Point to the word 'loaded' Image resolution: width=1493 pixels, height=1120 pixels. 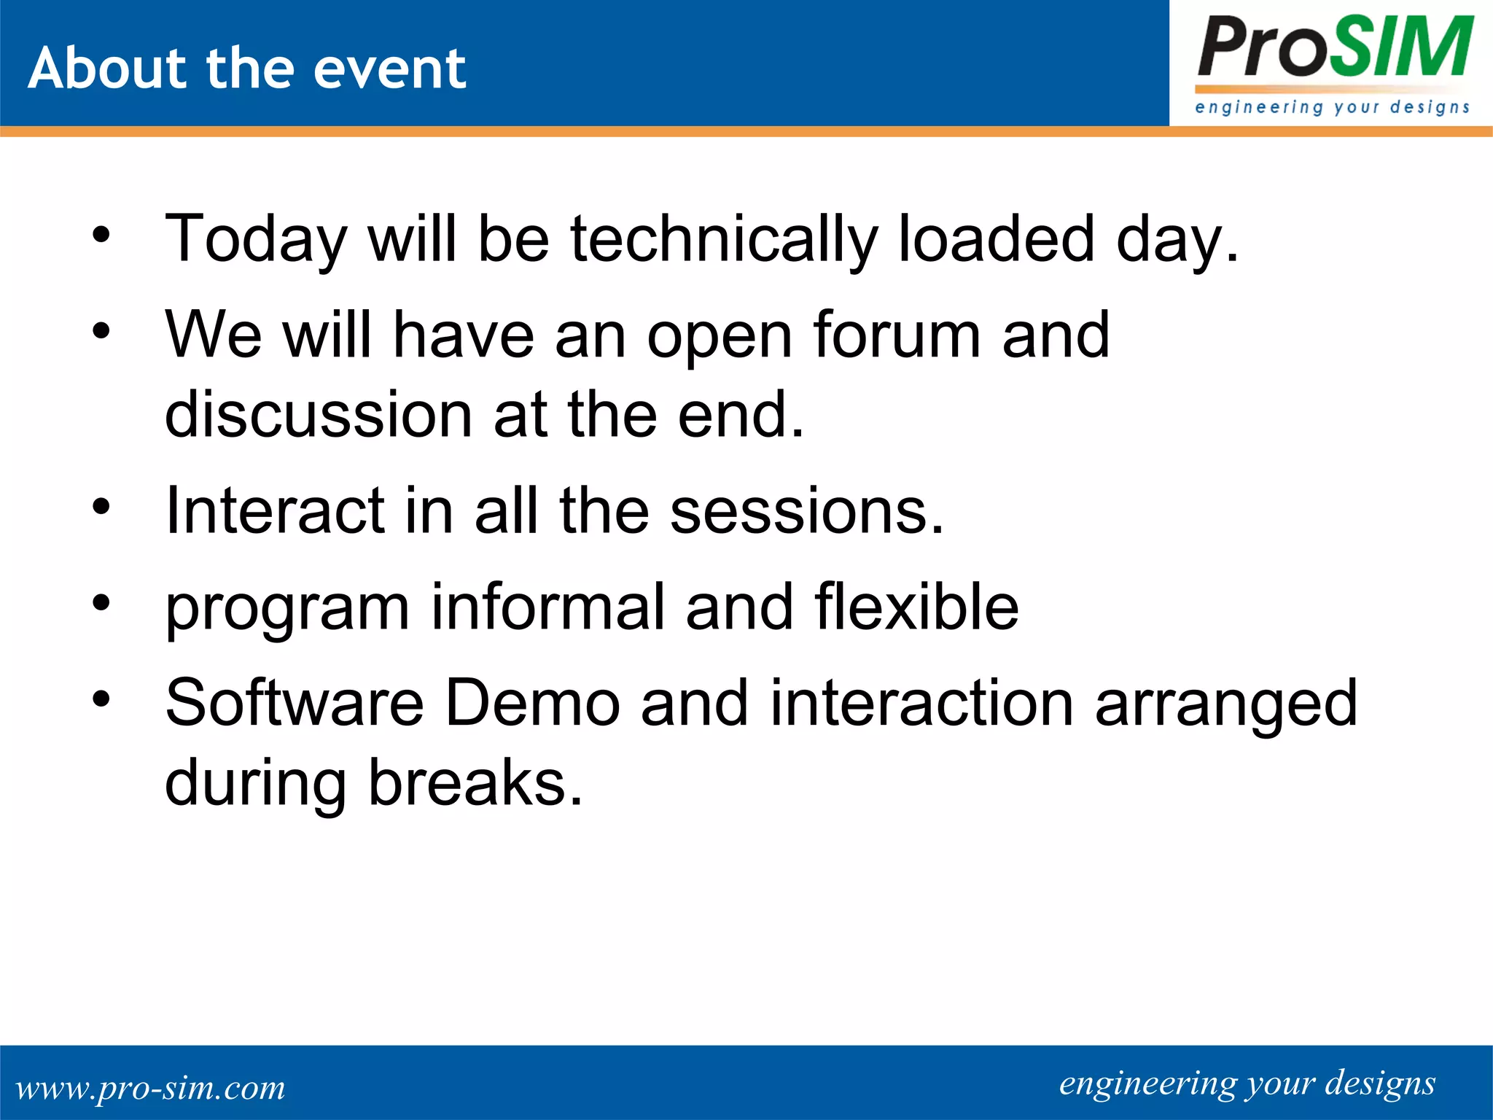(996, 239)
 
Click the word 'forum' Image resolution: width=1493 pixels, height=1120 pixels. (897, 335)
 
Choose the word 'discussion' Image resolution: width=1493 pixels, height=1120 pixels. (319, 414)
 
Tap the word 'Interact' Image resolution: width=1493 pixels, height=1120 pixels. (275, 510)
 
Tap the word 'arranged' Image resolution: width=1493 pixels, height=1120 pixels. (1226, 704)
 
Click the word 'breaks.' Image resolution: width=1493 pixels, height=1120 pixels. (475, 782)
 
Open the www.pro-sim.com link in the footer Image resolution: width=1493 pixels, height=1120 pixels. (150, 1088)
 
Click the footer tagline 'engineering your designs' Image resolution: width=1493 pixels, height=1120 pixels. (1247, 1084)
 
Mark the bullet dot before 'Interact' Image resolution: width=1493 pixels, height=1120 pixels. (101, 506)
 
